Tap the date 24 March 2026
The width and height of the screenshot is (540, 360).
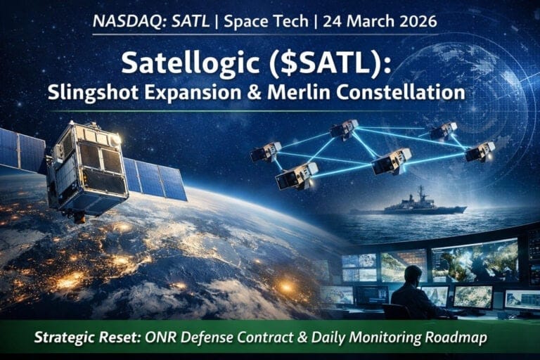(376, 21)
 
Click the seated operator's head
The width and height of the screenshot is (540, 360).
(413, 273)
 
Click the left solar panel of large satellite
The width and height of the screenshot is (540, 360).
(22, 149)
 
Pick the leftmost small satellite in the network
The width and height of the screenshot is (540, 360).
(266, 151)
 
